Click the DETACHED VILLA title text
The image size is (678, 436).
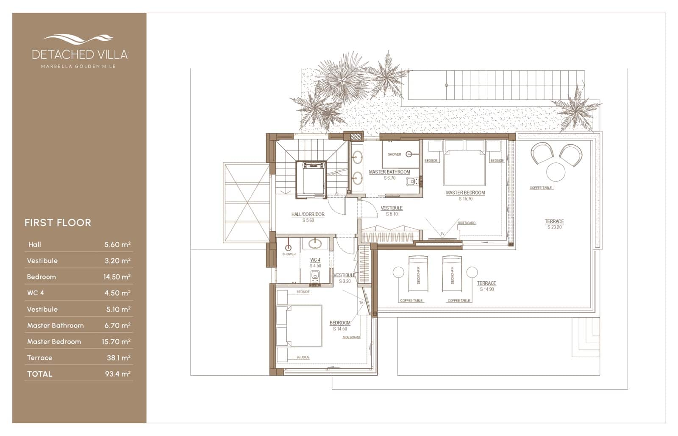pos(80,54)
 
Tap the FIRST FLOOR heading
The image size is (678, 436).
pos(58,223)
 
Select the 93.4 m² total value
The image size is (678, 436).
pos(117,374)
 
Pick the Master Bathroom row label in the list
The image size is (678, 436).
pos(56,326)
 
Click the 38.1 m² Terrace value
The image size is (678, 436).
pos(118,358)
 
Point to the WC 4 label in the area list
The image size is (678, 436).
pos(36,293)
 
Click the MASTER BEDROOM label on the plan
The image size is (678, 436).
pos(465,193)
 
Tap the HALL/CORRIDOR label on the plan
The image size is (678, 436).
pos(308,215)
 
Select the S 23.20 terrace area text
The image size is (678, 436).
pos(554,227)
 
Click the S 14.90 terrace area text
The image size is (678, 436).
pos(487,289)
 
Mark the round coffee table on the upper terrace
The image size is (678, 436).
pos(556,172)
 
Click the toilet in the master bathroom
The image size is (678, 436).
pos(411,182)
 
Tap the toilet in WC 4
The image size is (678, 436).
pos(314,277)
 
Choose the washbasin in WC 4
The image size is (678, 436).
pos(315,244)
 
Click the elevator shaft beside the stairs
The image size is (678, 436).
pos(311,179)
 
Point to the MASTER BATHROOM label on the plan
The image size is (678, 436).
pos(389,172)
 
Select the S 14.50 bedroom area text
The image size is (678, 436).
pos(340,329)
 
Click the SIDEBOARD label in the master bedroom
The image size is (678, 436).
pos(467,223)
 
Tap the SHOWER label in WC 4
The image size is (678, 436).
pos(289,254)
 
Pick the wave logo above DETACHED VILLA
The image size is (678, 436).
pos(79,39)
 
